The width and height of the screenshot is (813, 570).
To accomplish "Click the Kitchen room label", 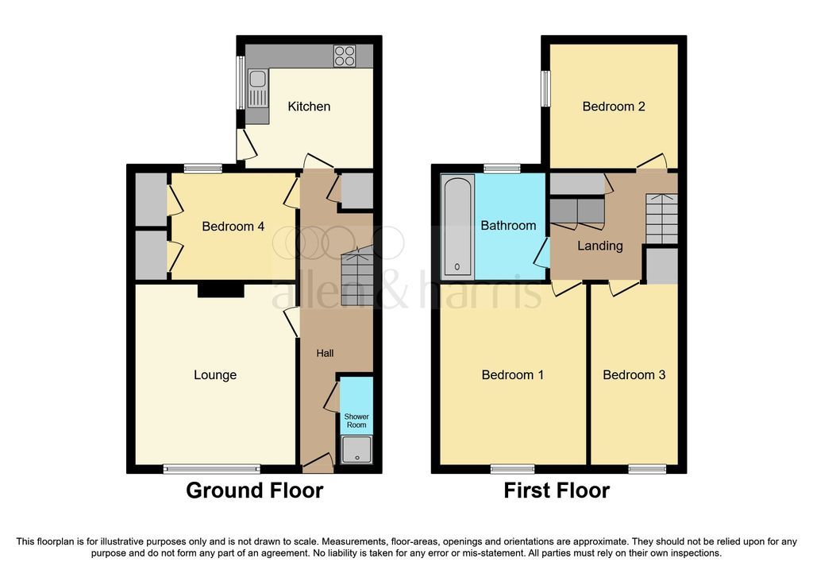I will coord(309,107).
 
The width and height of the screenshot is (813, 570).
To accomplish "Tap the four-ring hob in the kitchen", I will coord(345,56).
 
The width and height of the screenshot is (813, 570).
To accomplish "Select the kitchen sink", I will coord(258,87).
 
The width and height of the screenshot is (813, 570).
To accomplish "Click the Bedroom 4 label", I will coord(233,227).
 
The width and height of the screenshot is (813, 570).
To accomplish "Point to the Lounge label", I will coord(215,374).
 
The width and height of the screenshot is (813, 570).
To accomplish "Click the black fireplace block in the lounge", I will coord(220,291).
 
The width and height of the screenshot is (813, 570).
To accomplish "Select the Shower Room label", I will coord(356,421).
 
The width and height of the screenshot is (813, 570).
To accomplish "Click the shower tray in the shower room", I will coord(356,451).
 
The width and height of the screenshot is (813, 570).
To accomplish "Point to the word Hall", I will coord(326,353).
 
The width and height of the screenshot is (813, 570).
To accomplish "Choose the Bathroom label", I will coord(508,226).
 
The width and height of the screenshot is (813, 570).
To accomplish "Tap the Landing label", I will coord(599,246).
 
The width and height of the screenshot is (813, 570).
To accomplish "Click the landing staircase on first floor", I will coord(661,219).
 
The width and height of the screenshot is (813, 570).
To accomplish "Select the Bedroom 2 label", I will coord(613,107).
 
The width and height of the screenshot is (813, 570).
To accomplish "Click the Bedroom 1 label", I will coord(512,374).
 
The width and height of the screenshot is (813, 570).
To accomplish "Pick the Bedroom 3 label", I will coord(634,374).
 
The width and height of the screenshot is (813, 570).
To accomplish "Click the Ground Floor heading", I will coord(254,491).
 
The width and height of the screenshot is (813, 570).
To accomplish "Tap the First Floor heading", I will coord(557,491).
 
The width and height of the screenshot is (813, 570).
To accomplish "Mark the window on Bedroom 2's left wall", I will coord(546,88).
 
